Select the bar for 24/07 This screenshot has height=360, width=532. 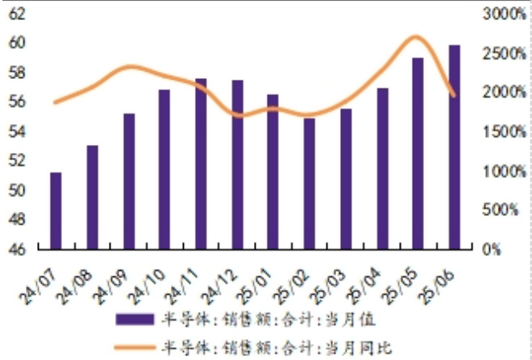pos(56,211)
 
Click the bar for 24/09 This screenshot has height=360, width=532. pos(129,181)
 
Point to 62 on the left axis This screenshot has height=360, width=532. pos(18,14)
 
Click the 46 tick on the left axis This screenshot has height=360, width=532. pos(18,250)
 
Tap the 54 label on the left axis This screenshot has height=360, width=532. pos(18,131)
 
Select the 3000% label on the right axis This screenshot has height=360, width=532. pos(501,14)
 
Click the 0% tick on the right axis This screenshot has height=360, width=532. pos(491,250)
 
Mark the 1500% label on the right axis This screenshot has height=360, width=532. pos(501,131)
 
